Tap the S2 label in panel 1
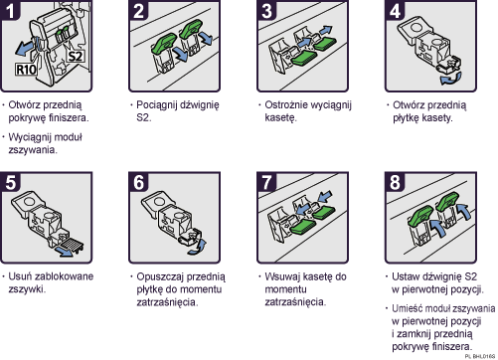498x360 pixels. click(75, 58)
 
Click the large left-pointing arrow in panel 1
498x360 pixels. click(20, 47)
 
